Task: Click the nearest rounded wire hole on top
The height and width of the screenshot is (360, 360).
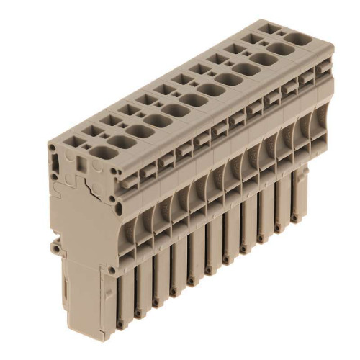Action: pyautogui.click(x=123, y=142)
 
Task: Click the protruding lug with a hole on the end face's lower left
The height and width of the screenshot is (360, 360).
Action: pyautogui.click(x=56, y=248)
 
